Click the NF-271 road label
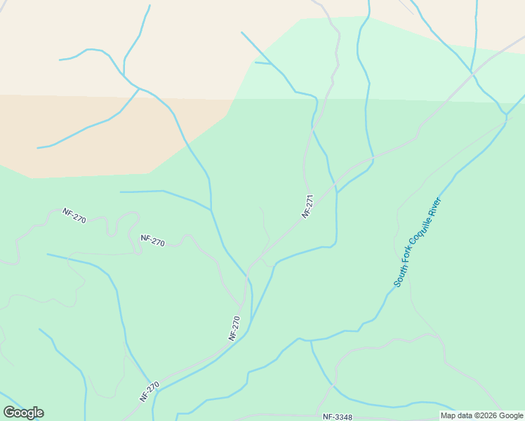click(x=306, y=207)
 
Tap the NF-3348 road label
click(x=338, y=417)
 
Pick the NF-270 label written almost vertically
click(x=234, y=328)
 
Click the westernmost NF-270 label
click(x=74, y=215)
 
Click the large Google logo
click(x=23, y=413)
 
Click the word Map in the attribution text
click(x=448, y=415)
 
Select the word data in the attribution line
click(x=464, y=415)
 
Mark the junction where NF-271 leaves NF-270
click(x=249, y=271)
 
